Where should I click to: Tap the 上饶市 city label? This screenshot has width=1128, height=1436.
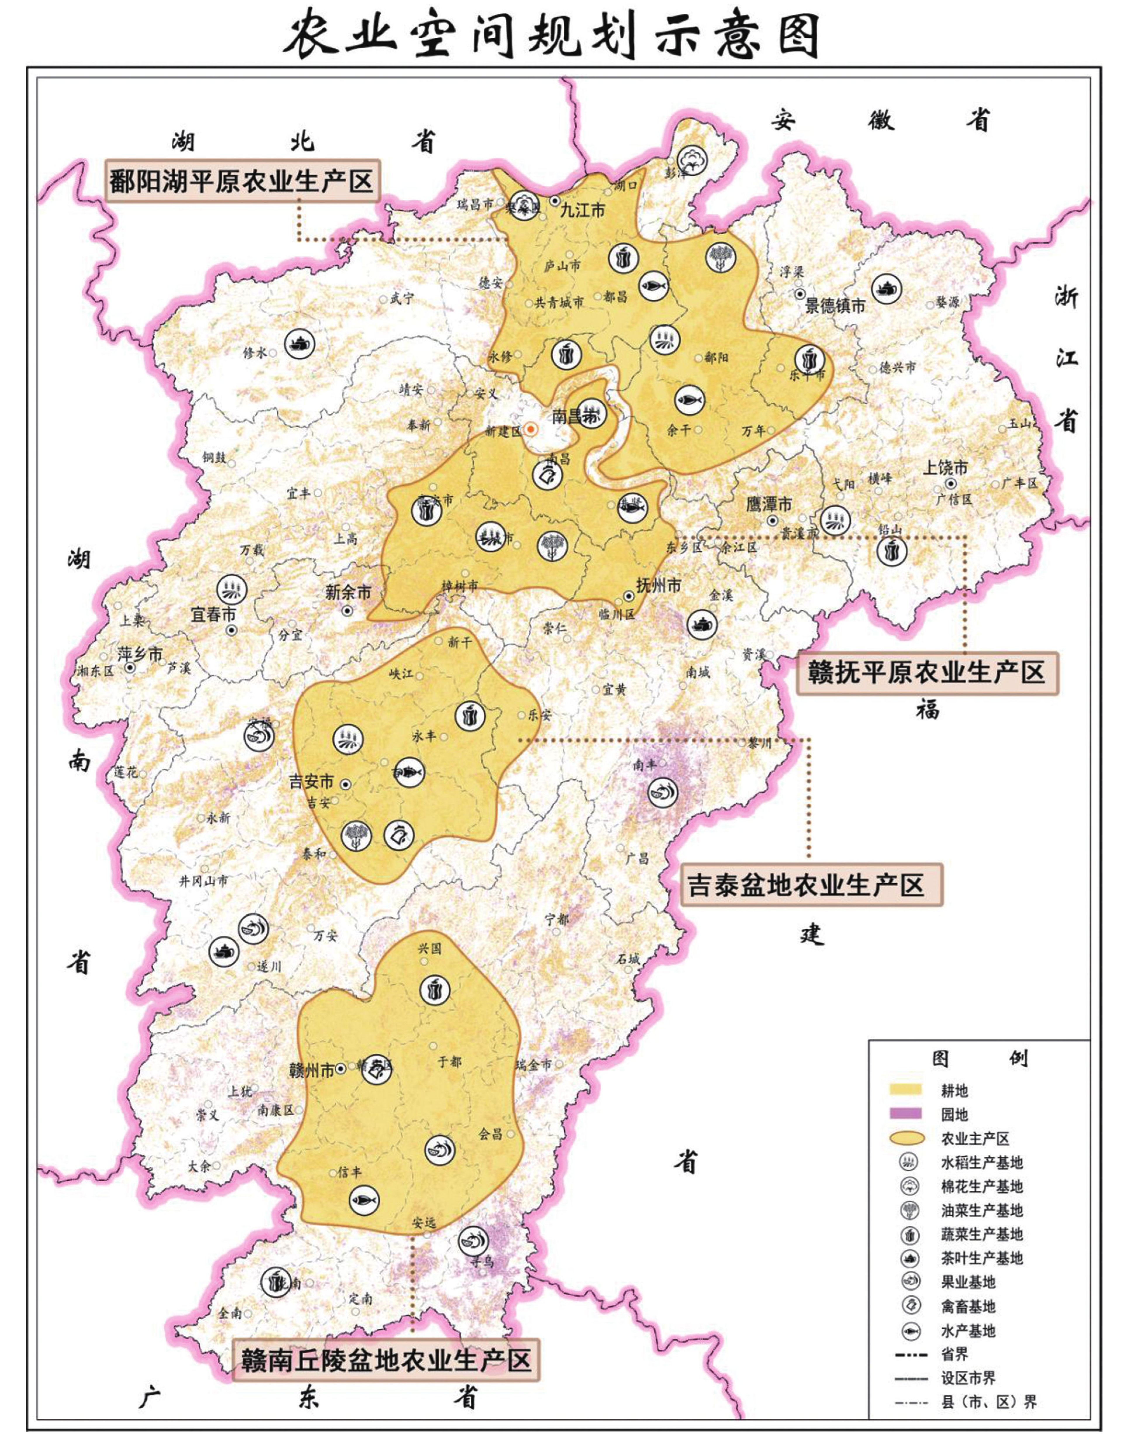coord(945,468)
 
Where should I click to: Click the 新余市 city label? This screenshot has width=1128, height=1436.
coord(348,593)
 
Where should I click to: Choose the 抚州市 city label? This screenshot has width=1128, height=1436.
coord(658,585)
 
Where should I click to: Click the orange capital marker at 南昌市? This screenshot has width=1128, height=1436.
coord(531,430)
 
